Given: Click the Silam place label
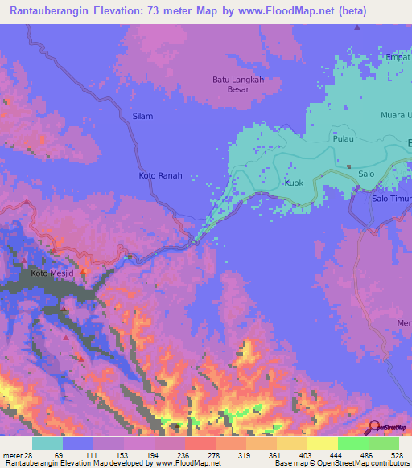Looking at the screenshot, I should point(142,117).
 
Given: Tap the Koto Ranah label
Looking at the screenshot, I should point(161,175).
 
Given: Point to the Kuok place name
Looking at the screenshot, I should point(294,183).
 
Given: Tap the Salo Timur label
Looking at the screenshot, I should point(392,198).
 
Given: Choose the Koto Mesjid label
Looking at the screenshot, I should point(51,273).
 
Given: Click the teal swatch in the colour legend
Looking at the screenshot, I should point(47,444).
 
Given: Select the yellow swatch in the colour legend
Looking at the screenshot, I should point(322,444).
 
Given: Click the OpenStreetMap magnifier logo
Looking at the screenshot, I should point(373,427).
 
